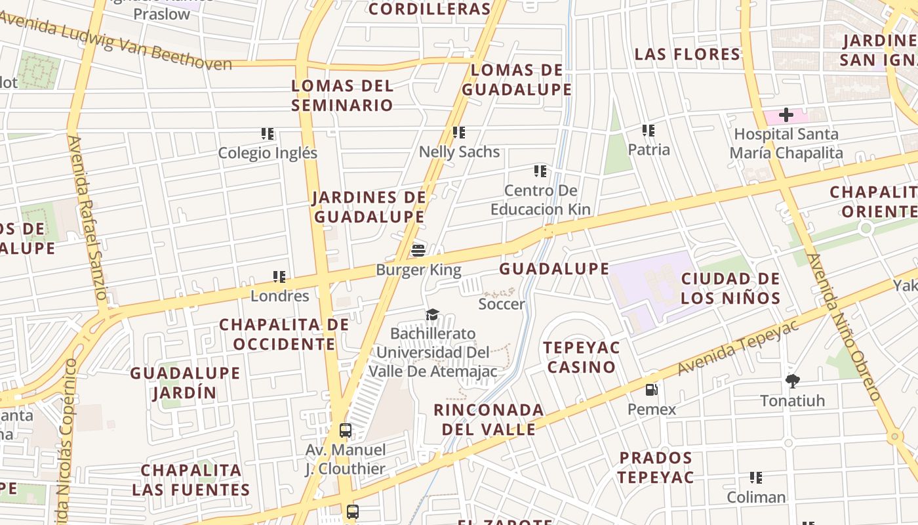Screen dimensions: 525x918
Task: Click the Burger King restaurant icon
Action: (418, 250)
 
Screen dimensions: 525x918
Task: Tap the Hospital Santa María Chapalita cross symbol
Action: (786, 115)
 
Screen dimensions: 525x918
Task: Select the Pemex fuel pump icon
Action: (651, 389)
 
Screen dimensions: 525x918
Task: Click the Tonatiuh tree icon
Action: (793, 381)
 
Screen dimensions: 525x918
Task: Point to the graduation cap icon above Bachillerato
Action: (432, 315)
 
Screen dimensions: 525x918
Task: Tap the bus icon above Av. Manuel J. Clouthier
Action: (346, 430)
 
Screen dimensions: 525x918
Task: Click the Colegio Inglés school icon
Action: (268, 134)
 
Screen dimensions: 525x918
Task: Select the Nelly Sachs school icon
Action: (459, 133)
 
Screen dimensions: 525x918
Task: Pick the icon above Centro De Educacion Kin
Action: (540, 171)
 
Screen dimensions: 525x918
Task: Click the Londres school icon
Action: (279, 277)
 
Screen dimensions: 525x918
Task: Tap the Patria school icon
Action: (649, 131)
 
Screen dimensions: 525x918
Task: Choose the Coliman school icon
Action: (756, 478)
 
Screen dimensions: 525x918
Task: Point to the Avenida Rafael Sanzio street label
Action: (87, 217)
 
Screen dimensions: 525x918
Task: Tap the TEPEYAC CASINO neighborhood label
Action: (581, 357)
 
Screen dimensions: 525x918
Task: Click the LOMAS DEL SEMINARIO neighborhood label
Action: (342, 95)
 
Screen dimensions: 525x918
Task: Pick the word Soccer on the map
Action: (502, 304)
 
